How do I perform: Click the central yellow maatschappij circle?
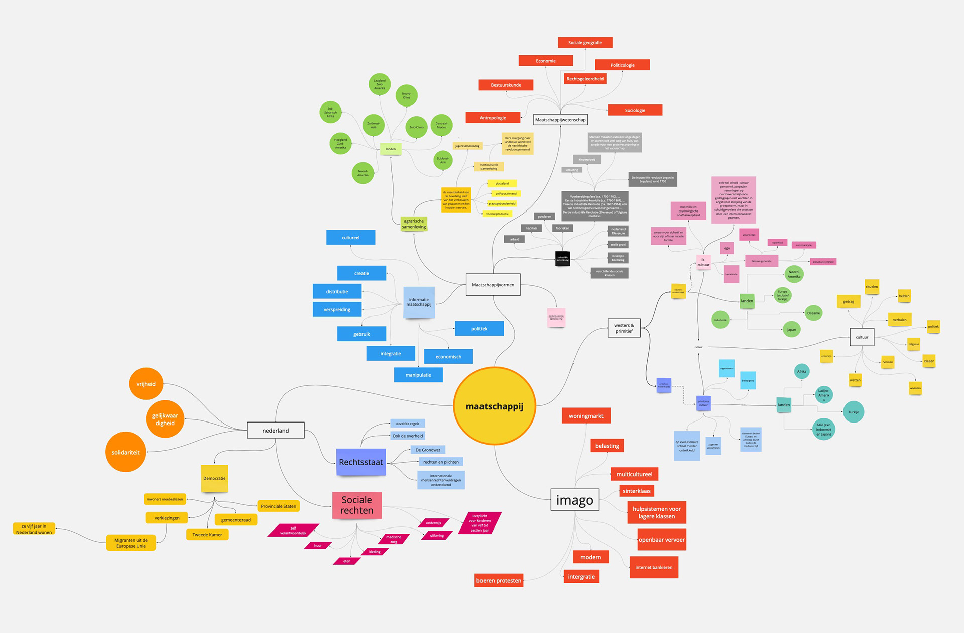495,406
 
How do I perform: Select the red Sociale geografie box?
585,43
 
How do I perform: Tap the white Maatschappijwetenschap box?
560,120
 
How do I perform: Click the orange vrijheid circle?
146,384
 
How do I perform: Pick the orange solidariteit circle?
126,452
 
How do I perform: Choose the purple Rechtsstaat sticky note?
360,462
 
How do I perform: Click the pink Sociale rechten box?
357,505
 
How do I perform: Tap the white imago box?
575,500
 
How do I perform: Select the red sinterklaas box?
636,491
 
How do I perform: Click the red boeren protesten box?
499,580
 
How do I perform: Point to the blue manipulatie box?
418,375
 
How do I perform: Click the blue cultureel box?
350,237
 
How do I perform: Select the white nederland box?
276,430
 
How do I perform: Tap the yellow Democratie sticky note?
214,478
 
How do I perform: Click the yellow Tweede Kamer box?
207,535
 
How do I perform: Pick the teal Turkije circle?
854,412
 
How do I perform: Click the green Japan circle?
791,330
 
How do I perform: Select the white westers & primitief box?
624,328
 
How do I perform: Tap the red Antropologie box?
493,118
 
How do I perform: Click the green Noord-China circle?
406,95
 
